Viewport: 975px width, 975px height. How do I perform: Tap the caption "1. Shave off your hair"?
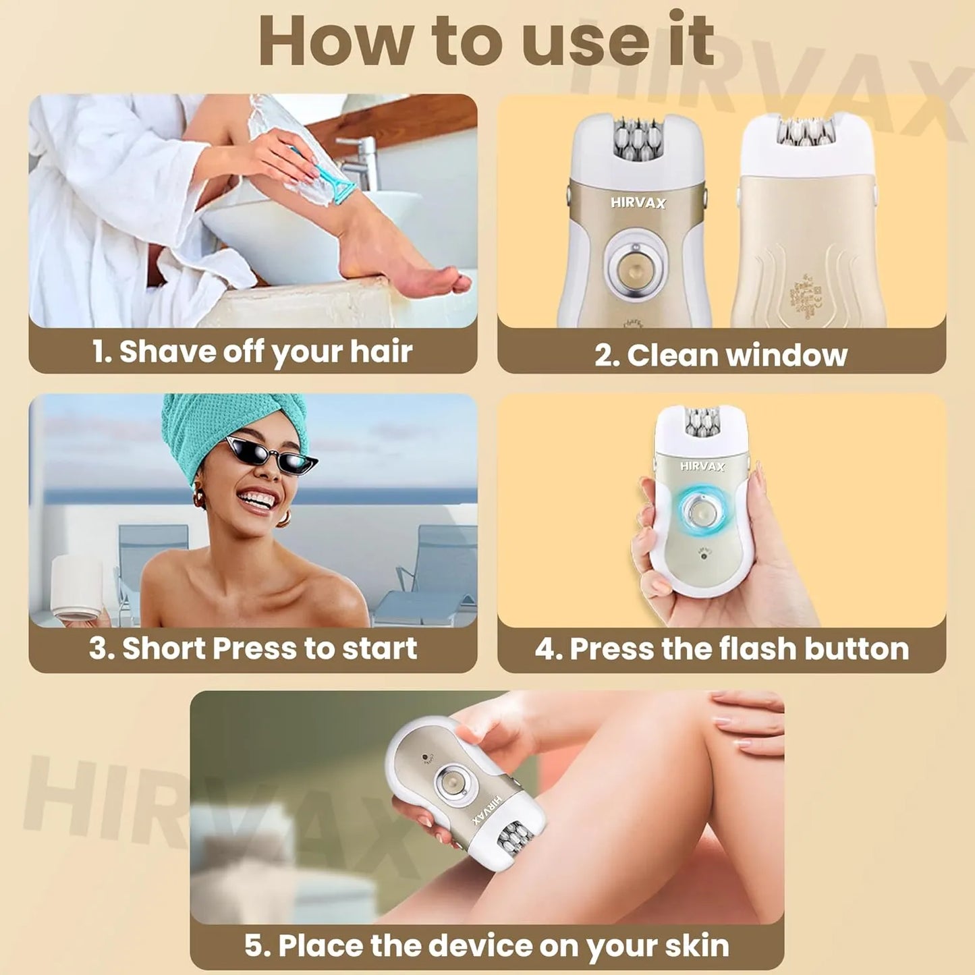[252, 352]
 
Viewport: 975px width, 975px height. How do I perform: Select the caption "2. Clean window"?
[721, 355]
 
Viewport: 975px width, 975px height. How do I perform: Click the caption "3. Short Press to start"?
[252, 648]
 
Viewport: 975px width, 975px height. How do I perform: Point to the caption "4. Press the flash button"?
[721, 649]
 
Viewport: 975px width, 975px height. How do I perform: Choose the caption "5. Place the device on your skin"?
[486, 945]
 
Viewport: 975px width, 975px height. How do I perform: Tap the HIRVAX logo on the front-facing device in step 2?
[638, 202]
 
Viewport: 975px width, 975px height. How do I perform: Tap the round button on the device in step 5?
[449, 782]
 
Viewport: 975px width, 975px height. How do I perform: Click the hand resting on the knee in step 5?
[746, 719]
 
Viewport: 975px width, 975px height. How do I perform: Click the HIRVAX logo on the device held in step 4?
[702, 466]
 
